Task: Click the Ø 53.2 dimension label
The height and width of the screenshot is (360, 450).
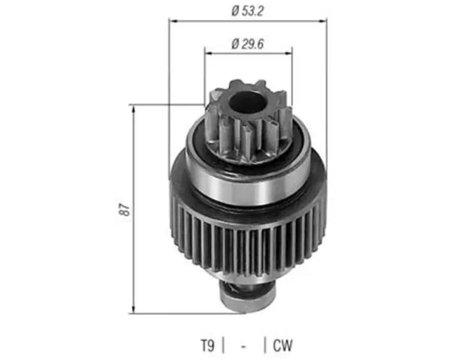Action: coord(247,11)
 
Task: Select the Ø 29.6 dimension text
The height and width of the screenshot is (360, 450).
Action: coord(247,44)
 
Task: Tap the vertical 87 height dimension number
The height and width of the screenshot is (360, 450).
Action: coord(125,209)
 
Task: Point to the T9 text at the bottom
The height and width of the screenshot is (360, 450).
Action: coord(207,345)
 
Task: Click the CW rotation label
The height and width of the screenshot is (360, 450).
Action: coord(283,345)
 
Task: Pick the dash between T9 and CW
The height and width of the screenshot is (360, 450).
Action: coord(244,347)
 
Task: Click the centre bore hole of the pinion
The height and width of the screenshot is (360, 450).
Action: coord(246,102)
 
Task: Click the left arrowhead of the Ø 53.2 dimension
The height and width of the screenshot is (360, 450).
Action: coord(172,21)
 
